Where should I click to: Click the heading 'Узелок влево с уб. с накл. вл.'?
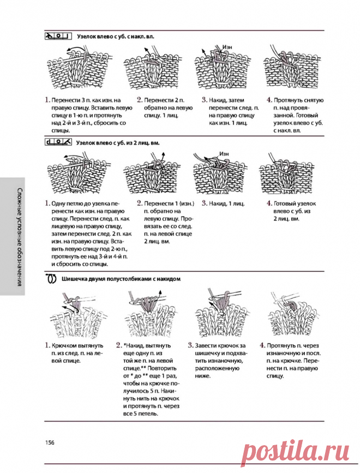click(x=116, y=37)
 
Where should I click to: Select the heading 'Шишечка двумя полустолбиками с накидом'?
click(x=122, y=278)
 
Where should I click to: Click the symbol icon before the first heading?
click(x=58, y=37)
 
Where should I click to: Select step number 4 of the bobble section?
click(x=262, y=345)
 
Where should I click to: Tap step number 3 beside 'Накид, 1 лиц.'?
click(x=203, y=203)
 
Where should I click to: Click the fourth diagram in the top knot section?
click(x=286, y=69)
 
